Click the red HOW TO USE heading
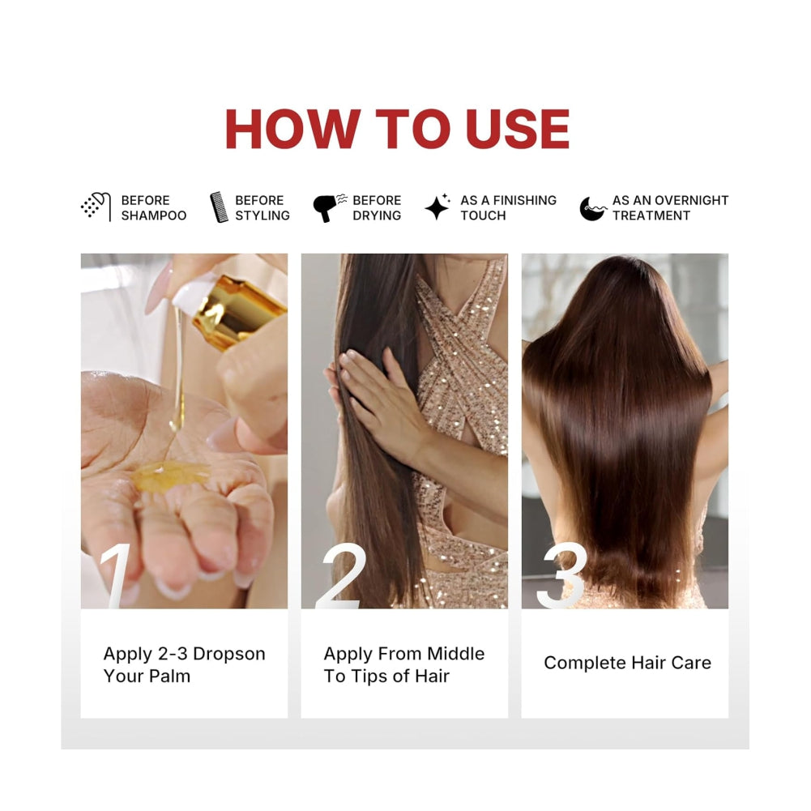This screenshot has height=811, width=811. coord(397,129)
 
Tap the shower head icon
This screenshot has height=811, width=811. coord(96,207)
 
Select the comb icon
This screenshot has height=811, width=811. coord(219,207)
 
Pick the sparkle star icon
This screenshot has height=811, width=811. coord(438,207)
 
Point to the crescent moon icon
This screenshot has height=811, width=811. coord(592,208)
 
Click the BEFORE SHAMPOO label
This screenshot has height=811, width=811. coord(154,208)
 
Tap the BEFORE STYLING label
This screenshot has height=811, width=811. coord(263,208)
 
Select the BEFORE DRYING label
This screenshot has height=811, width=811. coord(377,208)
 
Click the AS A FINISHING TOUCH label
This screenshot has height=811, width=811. coord(509,208)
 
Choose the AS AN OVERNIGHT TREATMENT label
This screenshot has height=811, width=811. coord(670,208)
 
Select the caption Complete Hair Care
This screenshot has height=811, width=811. coord(627,663)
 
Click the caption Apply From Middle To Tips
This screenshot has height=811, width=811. coord(404,664)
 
